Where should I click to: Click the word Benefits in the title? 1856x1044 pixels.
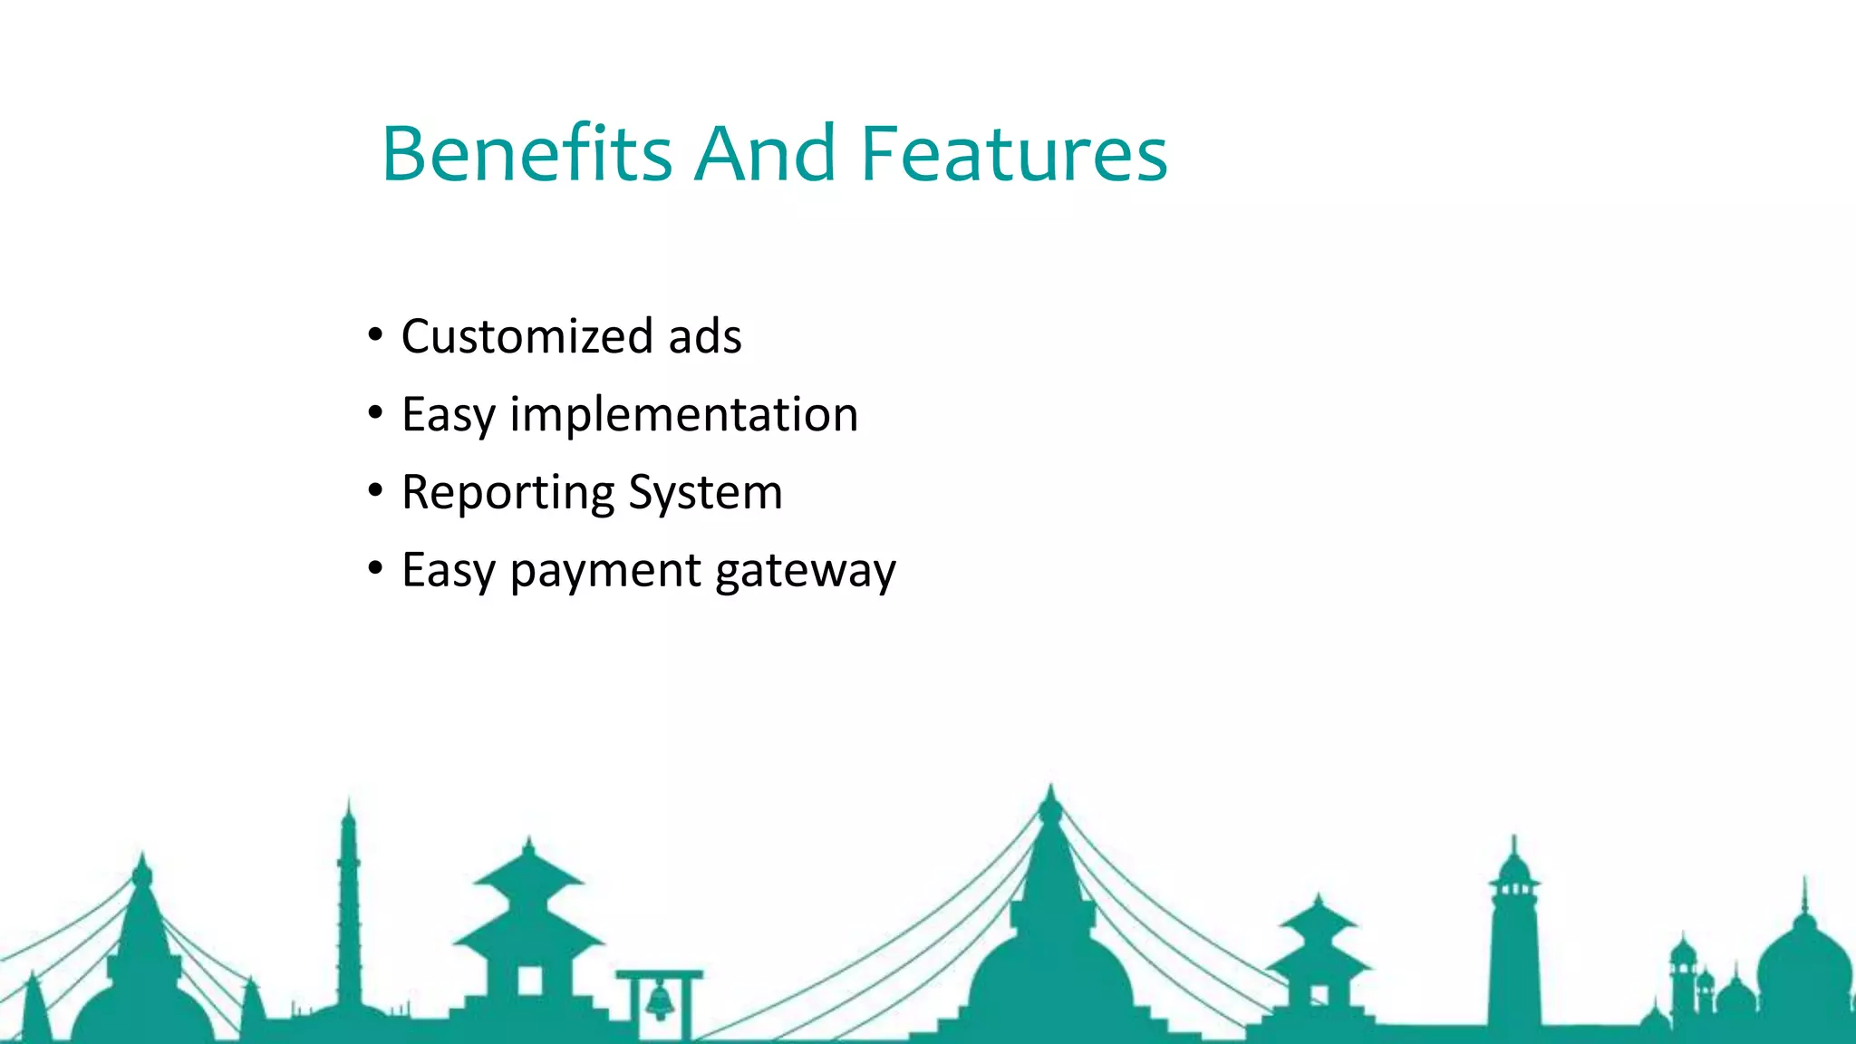(x=527, y=153)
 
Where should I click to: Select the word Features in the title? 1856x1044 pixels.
(x=1013, y=153)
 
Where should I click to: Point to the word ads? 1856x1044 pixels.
(x=704, y=336)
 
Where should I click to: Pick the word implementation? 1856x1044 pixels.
(x=683, y=415)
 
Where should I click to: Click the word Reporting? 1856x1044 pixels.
(x=507, y=493)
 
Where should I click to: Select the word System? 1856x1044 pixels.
(x=705, y=493)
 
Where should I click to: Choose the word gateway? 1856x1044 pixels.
(x=805, y=572)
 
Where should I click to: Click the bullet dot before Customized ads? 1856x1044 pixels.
(x=375, y=334)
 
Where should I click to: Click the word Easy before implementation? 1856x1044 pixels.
(x=448, y=415)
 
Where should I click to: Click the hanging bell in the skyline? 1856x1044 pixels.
(x=660, y=1000)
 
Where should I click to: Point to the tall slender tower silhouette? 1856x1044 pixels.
(x=349, y=906)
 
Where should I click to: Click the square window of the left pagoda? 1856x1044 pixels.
(x=529, y=981)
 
